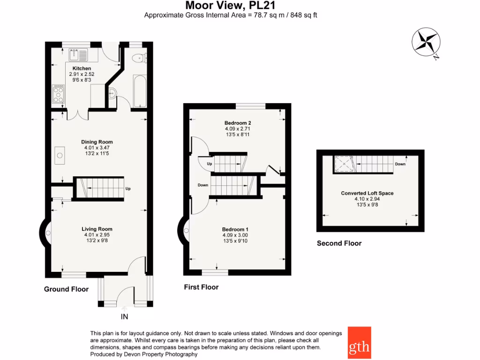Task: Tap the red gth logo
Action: [359, 342]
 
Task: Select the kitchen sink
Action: [75, 55]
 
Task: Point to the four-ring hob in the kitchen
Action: [58, 93]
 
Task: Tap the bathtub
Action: [140, 90]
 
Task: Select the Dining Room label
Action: [97, 142]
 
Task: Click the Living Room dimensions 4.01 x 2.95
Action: [97, 235]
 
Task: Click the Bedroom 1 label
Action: [235, 229]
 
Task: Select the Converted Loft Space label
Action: [367, 193]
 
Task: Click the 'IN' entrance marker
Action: [124, 317]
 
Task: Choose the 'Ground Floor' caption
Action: [66, 289]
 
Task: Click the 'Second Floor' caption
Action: [339, 243]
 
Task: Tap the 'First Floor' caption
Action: [201, 287]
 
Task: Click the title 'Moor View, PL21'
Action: [230, 6]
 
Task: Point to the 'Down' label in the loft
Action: [400, 164]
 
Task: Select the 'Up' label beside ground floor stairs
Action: [127, 189]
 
